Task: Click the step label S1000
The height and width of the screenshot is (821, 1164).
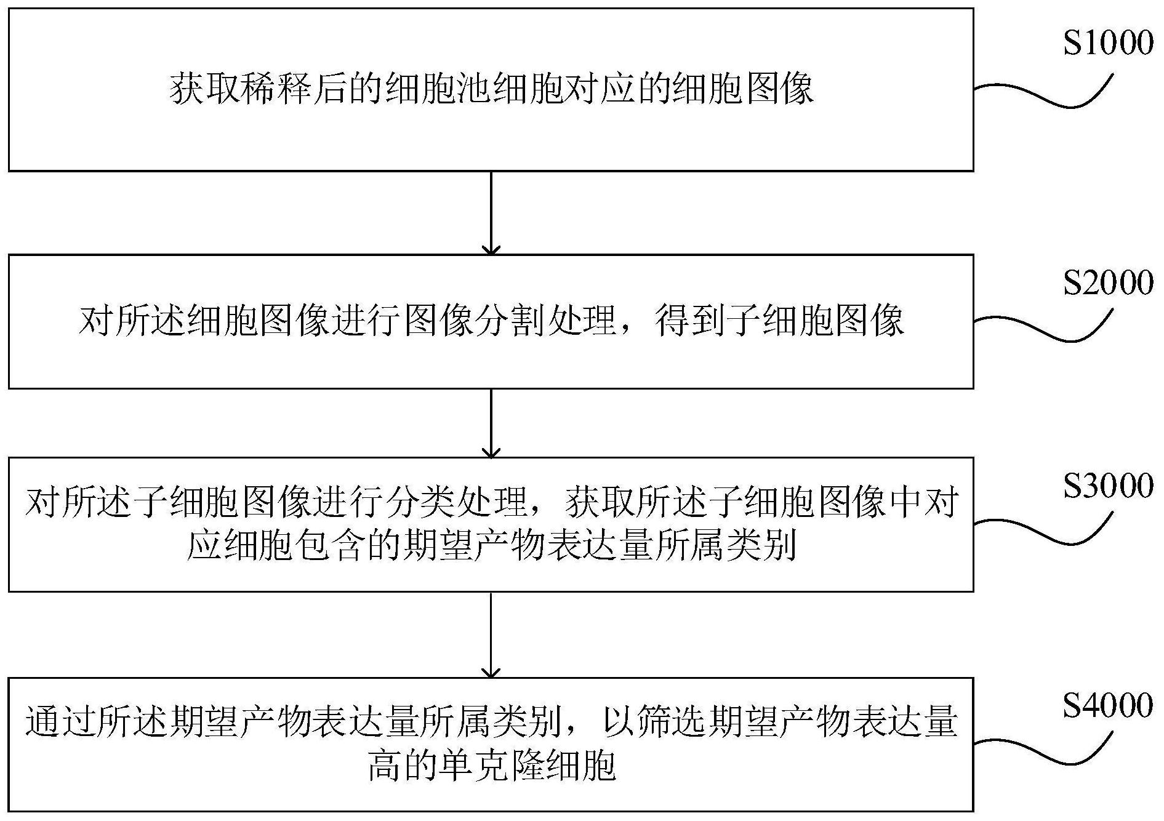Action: (x=1108, y=44)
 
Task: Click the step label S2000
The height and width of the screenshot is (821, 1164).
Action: (x=1108, y=283)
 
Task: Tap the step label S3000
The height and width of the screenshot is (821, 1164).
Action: (x=1108, y=486)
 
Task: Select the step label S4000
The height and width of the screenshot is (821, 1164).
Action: (x=1108, y=705)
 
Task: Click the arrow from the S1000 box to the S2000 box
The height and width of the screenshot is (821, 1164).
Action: (x=491, y=213)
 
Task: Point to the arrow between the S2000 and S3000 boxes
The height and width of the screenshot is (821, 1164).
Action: (x=491, y=423)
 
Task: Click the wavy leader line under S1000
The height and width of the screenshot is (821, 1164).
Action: (x=1044, y=92)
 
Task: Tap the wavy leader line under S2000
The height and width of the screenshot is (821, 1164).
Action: (x=1044, y=326)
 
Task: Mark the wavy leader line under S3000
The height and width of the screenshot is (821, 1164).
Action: (x=1044, y=529)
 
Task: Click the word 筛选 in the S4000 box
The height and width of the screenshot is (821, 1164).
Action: (x=673, y=723)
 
